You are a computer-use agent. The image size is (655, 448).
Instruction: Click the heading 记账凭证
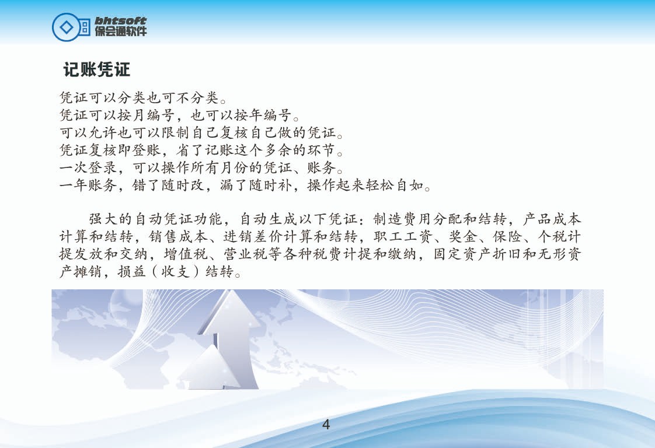pyautogui.click(x=96, y=69)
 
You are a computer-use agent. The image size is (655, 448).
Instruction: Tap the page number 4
pyautogui.click(x=326, y=425)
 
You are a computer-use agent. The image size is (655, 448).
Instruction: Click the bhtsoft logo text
pyautogui.click(x=120, y=20)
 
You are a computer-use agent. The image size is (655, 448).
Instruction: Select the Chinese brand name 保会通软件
pyautogui.click(x=121, y=32)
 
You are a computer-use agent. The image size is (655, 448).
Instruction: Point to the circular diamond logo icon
pyautogui.click(x=65, y=27)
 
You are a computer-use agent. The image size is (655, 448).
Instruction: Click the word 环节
pyautogui.click(x=321, y=150)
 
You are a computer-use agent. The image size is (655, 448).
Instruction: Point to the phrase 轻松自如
pyautogui.click(x=395, y=185)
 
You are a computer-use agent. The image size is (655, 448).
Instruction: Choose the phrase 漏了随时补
pyautogui.click(x=256, y=185)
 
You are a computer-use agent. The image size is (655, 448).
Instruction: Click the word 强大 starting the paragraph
pyautogui.click(x=103, y=219)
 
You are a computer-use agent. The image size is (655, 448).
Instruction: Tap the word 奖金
pyautogui.click(x=463, y=236)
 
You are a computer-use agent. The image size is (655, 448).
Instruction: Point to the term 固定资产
pyautogui.click(x=462, y=254)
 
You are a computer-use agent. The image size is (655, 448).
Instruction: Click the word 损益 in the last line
pyautogui.click(x=131, y=271)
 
